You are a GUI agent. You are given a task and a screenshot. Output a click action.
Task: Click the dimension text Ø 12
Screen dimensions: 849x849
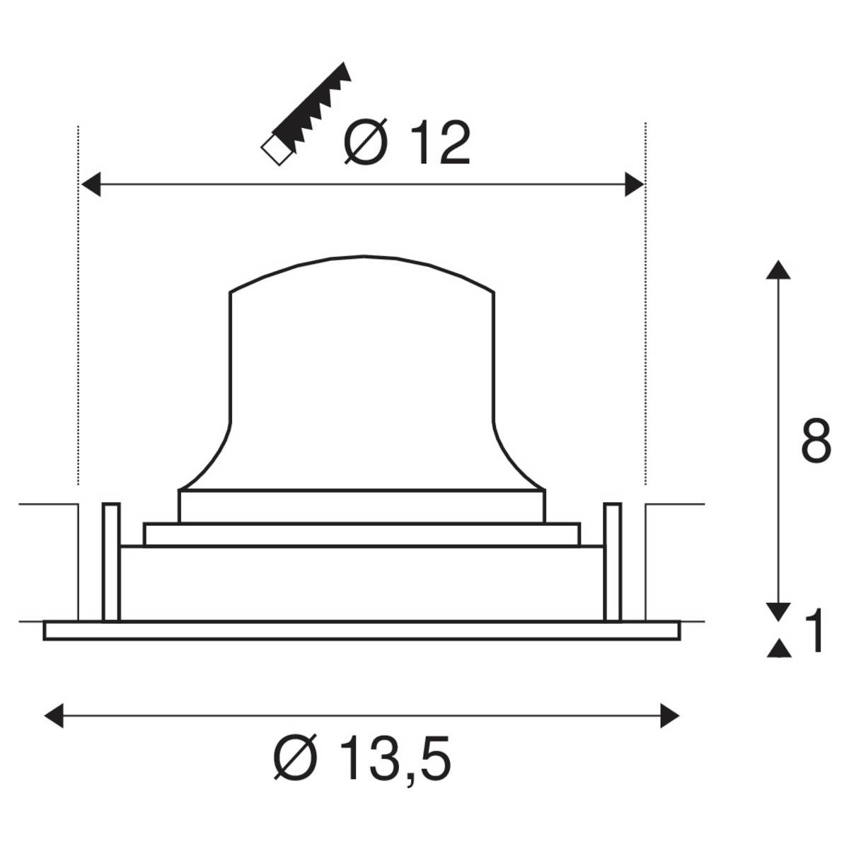[408, 143]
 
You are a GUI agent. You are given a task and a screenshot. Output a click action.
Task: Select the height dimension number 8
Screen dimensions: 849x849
[816, 443]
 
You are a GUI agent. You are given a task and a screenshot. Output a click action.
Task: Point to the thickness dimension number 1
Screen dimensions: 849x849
[815, 632]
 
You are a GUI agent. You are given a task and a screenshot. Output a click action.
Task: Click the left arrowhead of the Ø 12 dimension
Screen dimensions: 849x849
[91, 186]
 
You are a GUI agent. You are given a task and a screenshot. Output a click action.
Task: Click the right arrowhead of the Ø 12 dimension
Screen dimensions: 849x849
[634, 186]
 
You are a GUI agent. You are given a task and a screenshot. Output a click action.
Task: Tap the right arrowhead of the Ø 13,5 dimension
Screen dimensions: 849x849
[669, 715]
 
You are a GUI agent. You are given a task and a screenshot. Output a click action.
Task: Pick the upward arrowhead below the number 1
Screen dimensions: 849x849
[779, 648]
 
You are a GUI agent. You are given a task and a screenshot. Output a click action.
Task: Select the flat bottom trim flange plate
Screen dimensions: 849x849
[362, 630]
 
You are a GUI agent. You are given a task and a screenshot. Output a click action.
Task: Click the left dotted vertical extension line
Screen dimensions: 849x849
[77, 304]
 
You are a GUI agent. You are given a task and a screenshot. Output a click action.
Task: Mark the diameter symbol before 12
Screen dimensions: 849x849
[366, 143]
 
